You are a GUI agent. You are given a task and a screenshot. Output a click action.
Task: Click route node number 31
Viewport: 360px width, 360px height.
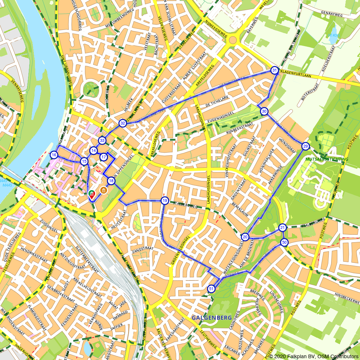tap(275, 71)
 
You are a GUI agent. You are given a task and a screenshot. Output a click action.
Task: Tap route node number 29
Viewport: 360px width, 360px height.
tap(306, 146)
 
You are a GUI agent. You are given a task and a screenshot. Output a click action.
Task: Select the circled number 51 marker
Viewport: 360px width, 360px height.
tap(211, 289)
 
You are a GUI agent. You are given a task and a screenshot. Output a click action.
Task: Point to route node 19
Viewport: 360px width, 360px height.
tap(165, 201)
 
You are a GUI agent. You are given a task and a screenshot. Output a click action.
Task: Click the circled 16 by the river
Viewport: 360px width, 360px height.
tap(54, 155)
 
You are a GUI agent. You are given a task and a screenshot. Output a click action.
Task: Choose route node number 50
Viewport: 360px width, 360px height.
tap(284, 242)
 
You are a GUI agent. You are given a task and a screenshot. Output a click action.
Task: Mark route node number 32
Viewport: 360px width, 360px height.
tap(123, 123)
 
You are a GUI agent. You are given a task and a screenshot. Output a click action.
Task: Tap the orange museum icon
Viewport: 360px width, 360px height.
tap(104, 190)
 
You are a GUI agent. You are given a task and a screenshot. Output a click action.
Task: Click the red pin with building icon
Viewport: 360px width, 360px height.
tap(92, 195)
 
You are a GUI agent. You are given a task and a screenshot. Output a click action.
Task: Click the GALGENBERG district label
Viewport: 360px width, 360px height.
tap(211, 318)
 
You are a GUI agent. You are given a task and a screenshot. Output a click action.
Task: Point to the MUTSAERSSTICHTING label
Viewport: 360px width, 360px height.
tap(327, 159)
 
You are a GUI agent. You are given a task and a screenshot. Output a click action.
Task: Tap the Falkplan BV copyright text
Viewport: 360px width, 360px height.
tap(313, 356)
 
